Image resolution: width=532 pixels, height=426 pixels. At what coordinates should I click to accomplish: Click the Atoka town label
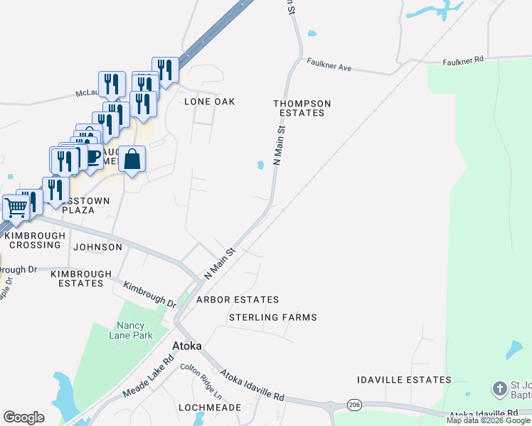(x=187, y=346)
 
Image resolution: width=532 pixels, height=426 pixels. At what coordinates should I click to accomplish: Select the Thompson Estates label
(x=302, y=108)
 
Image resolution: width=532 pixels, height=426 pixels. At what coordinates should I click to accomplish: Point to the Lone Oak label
(x=210, y=102)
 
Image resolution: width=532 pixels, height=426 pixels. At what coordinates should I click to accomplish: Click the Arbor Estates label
(x=238, y=300)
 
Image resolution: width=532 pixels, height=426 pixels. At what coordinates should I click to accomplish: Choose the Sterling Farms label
(x=272, y=317)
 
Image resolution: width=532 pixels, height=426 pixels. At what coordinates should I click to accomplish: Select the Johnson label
(x=97, y=247)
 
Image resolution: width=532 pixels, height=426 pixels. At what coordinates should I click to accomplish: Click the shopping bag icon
(x=132, y=160)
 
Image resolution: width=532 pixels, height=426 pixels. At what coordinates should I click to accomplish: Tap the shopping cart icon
(x=15, y=207)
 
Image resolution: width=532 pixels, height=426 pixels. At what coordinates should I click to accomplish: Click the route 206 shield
(x=353, y=404)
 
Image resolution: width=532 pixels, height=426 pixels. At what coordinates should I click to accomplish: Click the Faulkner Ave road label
(x=329, y=67)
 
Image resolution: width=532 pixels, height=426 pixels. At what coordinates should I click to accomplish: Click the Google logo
(x=23, y=417)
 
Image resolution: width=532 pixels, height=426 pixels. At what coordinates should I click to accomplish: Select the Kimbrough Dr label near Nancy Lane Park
(x=150, y=295)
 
